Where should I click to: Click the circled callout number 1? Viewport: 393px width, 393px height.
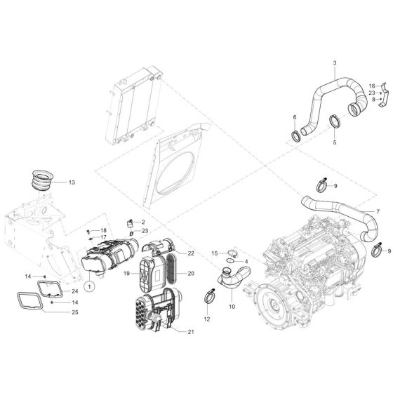coord(89,285)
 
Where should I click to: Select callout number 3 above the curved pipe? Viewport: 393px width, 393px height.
coord(335,63)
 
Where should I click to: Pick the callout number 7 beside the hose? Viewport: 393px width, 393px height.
coord(378,211)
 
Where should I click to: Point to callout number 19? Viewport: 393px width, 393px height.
coord(128,273)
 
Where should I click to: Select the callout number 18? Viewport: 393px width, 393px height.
coord(103,230)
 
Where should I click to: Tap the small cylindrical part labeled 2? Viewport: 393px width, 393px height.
coord(130,225)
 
